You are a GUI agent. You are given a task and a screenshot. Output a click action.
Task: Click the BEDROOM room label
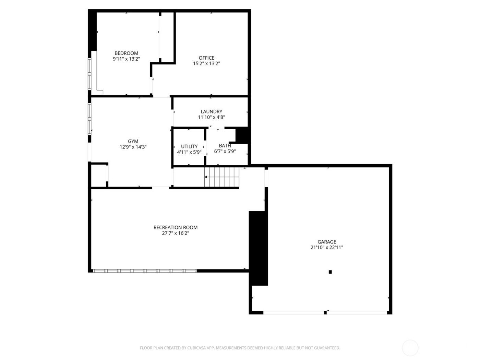126,53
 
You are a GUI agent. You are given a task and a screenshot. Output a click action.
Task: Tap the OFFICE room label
206,58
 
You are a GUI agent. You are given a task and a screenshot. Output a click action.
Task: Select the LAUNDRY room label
211,111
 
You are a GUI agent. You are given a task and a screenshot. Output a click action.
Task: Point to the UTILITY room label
189,146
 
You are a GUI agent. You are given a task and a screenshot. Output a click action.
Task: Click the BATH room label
225,146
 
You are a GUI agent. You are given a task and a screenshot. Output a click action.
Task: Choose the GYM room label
133,141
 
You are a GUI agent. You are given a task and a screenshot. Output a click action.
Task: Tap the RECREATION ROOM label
176,227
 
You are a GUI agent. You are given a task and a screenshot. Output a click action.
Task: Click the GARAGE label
327,242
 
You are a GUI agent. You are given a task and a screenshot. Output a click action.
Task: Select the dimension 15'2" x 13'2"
206,63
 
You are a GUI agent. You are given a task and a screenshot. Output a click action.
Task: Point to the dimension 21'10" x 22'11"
327,248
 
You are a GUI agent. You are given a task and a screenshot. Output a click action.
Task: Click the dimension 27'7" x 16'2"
176,233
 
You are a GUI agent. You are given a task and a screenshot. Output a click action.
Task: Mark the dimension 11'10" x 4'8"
211,117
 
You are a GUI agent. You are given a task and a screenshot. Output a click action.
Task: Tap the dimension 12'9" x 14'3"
133,147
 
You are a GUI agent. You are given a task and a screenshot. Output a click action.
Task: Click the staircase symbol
222,177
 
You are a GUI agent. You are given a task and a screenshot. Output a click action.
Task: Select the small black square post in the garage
330,272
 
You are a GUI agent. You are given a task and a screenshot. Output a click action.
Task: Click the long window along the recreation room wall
145,271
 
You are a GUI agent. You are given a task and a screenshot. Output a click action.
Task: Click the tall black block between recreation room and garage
258,248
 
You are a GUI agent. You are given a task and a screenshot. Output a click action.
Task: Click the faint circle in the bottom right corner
410,348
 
